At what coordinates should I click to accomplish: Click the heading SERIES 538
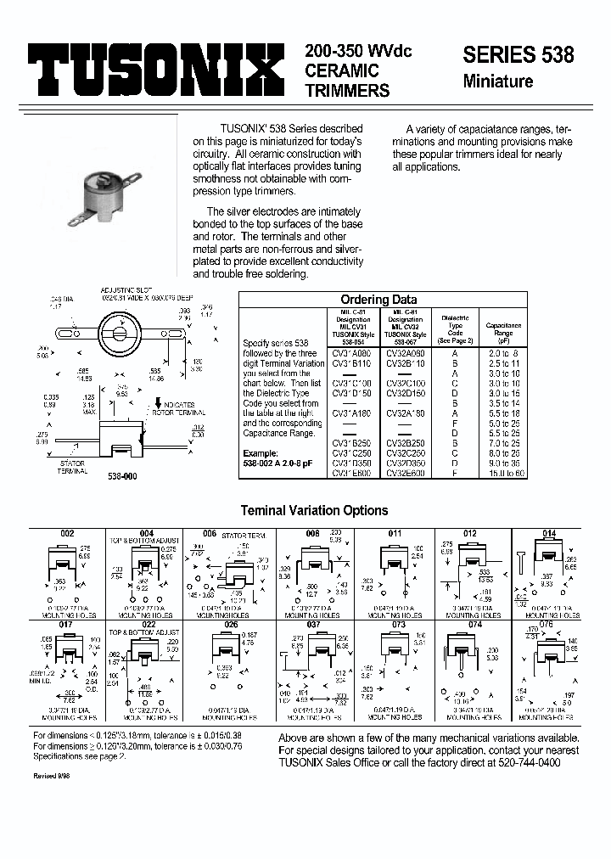click(x=518, y=55)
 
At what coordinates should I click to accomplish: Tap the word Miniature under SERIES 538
click(x=498, y=82)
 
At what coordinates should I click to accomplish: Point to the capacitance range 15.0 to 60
click(x=504, y=474)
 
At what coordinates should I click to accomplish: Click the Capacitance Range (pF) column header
click(x=504, y=331)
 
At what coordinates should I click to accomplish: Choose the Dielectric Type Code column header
click(x=455, y=327)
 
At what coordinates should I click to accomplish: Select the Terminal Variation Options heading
click(x=314, y=511)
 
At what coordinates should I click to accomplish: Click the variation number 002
click(x=66, y=533)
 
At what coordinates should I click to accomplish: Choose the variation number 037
click(x=314, y=624)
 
